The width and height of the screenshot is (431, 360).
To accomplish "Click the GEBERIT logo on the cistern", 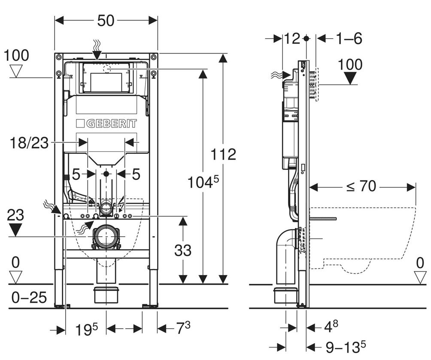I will tap(106, 124).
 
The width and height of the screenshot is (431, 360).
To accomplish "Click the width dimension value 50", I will tap(106, 20).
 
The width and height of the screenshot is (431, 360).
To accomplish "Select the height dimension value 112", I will tap(223, 154).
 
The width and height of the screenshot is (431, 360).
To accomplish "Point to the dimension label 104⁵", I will tap(203, 182).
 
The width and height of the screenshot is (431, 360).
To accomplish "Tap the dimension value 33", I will tap(183, 250).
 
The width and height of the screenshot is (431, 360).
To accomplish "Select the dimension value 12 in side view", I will tap(292, 39).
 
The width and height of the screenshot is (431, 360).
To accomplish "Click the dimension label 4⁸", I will tap(331, 327).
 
